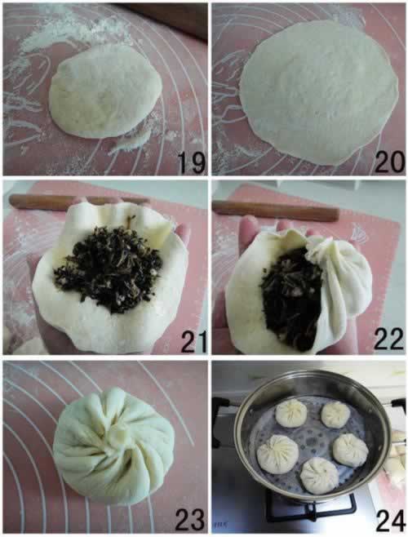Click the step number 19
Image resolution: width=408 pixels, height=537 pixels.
[191, 162]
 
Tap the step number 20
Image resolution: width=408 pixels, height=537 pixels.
[389, 162]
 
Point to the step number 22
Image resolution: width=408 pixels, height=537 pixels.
[388, 339]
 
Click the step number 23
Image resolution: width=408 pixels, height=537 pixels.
[190, 519]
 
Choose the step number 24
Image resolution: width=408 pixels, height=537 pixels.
[391, 521]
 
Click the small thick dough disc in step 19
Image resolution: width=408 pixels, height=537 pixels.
[105, 91]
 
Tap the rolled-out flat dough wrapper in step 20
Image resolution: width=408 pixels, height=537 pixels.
[318, 91]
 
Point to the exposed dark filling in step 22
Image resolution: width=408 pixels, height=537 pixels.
[292, 297]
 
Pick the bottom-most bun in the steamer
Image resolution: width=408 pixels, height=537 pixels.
[320, 475]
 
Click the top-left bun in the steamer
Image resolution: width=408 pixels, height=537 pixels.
[291, 414]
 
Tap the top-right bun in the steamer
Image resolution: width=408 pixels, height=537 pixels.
[335, 415]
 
